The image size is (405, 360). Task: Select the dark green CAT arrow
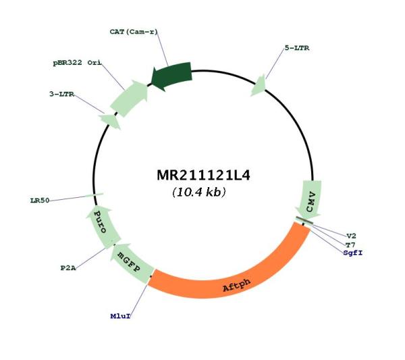coord(171,76)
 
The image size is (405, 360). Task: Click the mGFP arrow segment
coord(131,263)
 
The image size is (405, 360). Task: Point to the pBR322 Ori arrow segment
coord(130,98)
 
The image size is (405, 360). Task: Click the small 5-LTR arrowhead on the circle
coord(259,86)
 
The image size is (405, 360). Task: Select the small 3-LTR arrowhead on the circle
coord(110,121)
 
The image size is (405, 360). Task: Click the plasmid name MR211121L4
coord(204,175)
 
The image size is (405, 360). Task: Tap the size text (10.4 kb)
coord(199,192)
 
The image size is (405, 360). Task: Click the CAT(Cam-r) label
coord(134,32)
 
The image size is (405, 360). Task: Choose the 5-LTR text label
coord(297,48)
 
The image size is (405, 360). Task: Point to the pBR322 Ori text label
coord(77,63)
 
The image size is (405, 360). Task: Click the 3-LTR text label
coord(61,94)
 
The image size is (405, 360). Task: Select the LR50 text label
coord(40,201)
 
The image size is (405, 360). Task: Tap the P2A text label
coord(68,268)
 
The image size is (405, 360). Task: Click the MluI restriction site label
coord(120,316)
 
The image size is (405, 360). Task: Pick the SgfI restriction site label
coord(353,253)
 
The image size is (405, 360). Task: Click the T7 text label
coord(350,245)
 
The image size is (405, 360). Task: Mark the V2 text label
coord(351,236)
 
